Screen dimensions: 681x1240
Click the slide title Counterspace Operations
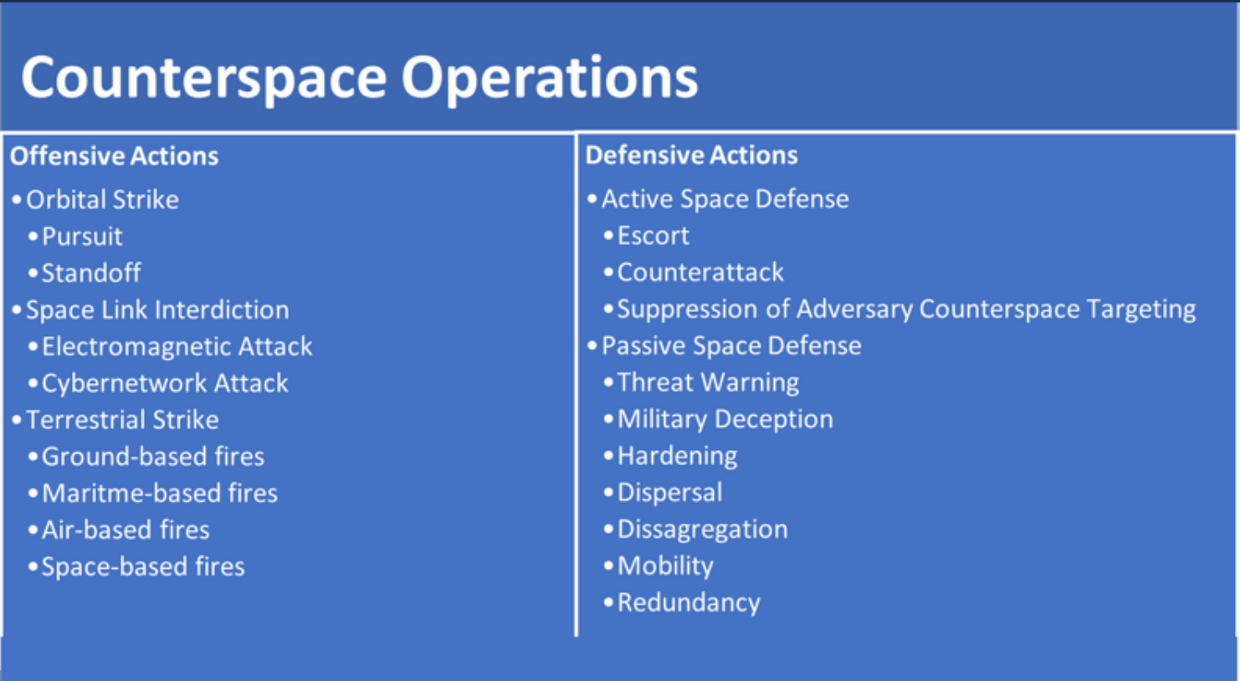pos(359,78)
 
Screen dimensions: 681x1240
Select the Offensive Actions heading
pos(114,156)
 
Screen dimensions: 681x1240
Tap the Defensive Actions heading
pos(691,156)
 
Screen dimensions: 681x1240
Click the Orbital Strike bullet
pos(102,200)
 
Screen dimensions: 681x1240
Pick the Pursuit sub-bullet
pos(82,237)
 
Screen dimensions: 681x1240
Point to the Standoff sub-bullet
pos(91,274)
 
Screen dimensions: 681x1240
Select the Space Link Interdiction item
pos(157,310)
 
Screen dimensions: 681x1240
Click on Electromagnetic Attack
pos(177,347)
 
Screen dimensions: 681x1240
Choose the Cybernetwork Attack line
pos(165,384)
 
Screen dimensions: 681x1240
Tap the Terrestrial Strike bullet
pos(122,420)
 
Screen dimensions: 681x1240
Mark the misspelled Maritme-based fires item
pos(159,494)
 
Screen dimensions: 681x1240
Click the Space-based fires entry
pos(143,567)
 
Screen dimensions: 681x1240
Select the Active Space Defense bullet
pos(725,199)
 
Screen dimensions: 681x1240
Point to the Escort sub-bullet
pos(653,236)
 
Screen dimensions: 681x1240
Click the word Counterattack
pos(700,273)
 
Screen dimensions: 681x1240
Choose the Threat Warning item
pos(708,383)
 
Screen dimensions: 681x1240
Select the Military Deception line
pos(725,419)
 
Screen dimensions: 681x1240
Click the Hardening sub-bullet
pos(677,456)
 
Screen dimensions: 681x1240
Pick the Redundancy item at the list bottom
pos(689,603)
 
